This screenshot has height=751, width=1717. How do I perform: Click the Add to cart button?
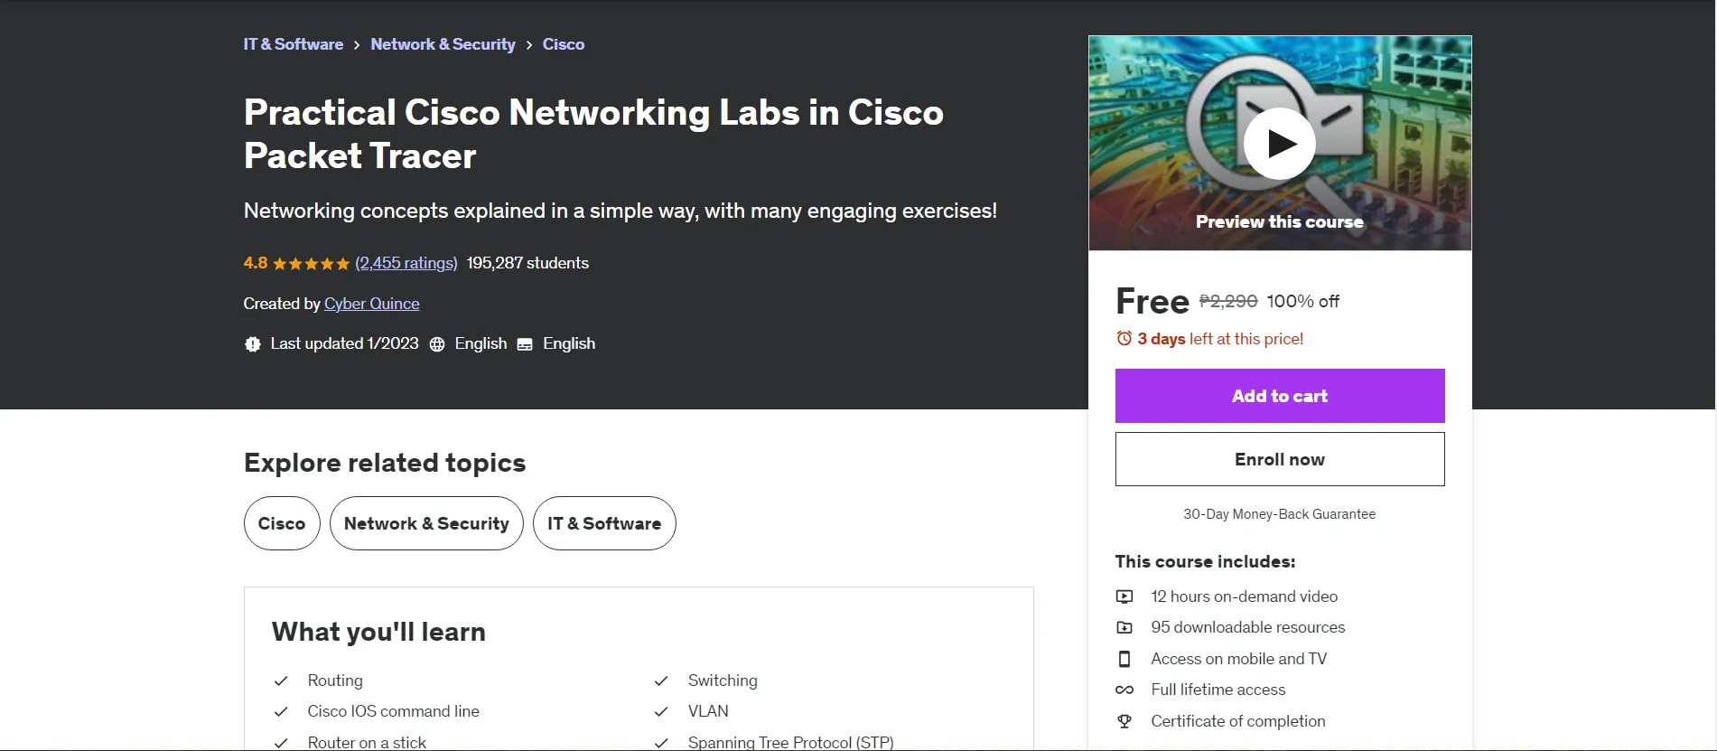click(1280, 396)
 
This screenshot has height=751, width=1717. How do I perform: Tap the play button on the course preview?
click(1280, 144)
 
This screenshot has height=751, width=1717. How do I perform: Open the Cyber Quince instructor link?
click(372, 304)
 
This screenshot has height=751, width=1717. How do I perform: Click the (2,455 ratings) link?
click(406, 263)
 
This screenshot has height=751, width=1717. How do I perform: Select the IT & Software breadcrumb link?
click(294, 44)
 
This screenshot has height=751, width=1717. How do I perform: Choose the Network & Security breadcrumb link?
click(443, 44)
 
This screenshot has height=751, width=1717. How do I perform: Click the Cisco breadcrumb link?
click(564, 44)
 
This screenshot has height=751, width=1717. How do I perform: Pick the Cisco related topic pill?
click(282, 523)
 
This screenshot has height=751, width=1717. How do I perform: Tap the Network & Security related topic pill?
click(426, 523)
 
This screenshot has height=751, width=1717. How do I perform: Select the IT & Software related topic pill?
click(604, 523)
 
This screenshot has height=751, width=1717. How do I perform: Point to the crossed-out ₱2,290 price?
click(1228, 301)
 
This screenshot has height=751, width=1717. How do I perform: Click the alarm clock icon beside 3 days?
click(1124, 339)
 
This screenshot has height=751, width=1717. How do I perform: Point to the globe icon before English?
click(437, 344)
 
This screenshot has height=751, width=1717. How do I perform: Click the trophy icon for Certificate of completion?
click(1124, 721)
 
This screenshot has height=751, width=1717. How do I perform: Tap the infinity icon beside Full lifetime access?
click(1124, 690)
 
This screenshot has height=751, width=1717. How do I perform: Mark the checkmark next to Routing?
click(281, 681)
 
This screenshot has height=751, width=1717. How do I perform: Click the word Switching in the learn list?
click(723, 681)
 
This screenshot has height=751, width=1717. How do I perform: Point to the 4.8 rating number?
click(256, 263)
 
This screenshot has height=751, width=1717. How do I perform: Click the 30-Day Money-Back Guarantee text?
click(1280, 514)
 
